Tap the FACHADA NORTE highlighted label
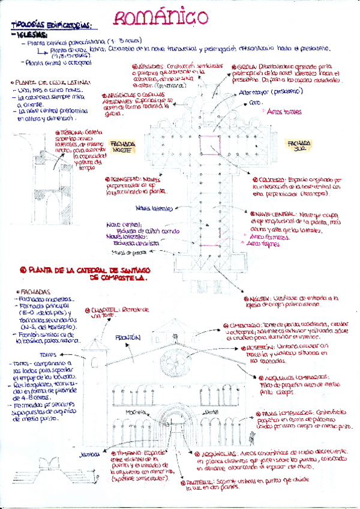pos(124,147)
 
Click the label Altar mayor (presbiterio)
pos(262,92)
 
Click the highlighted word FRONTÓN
pos(127,337)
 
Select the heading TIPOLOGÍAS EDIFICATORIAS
pos(50,26)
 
